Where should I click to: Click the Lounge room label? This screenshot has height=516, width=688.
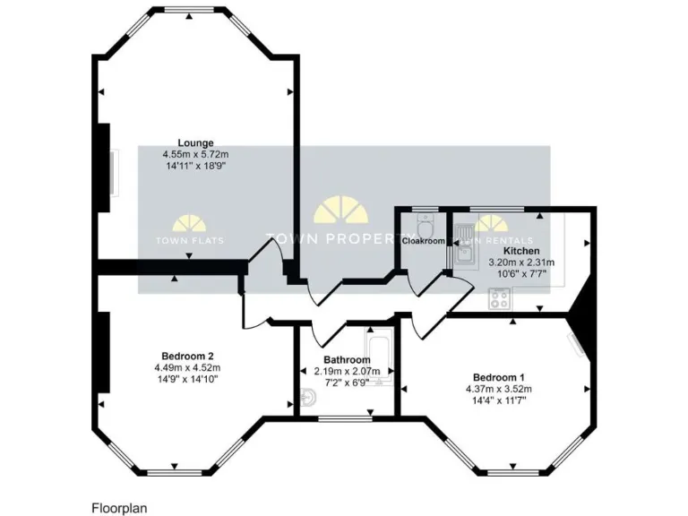coord(194,142)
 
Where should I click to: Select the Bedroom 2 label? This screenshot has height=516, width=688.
coord(187,355)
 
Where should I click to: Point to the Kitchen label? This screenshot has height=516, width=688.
coord(520,252)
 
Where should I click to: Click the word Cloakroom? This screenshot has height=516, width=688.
coord(423,241)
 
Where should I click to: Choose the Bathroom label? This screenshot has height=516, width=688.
coord(347,360)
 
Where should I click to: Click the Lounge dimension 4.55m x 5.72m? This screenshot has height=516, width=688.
coord(195,154)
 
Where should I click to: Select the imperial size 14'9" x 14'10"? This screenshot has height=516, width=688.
coord(187,379)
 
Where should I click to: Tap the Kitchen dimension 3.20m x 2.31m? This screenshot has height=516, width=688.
coord(521,262)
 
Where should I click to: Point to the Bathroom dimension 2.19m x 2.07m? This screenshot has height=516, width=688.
coord(347,372)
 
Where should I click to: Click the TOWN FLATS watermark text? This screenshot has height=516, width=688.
coord(191,240)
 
